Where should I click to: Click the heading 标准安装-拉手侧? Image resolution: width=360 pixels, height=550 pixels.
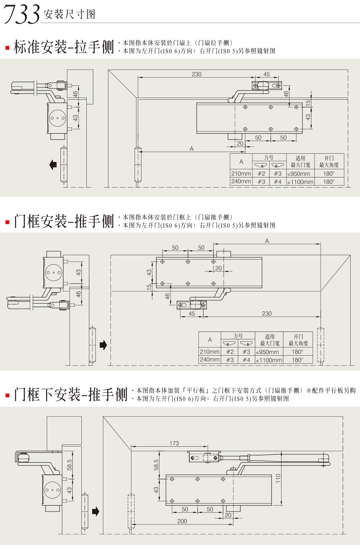pos(63,47)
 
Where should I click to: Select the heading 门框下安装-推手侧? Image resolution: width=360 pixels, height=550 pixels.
pos(71,395)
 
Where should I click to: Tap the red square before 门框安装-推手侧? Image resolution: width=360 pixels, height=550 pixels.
pos(7,222)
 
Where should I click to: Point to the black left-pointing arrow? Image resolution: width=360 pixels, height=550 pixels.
pos(53,164)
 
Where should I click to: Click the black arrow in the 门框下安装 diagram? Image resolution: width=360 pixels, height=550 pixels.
pos(95,511)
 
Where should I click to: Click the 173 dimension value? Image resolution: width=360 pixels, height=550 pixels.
pos(174,443)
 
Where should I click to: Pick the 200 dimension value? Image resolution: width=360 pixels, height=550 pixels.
pos(182,521)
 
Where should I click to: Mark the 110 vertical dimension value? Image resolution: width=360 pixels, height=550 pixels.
pos(278,478)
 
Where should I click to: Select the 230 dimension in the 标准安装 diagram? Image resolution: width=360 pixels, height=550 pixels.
pos(197,74)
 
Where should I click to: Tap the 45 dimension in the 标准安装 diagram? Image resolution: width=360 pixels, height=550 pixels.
pos(266,74)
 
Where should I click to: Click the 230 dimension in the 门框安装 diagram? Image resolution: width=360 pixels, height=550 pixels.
pos(267,314)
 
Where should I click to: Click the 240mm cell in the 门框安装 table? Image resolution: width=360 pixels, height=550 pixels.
pos(210,360)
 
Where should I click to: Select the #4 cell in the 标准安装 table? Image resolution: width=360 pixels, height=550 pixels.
pos(278,182)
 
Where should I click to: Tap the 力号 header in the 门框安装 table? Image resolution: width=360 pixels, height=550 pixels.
pos(238,335)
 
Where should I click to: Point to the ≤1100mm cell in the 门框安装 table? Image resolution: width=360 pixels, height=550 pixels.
pos(269,360)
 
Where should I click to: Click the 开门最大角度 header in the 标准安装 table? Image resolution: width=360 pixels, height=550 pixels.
pos(329,161)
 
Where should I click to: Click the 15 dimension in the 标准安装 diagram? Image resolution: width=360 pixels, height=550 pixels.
pos(308,103)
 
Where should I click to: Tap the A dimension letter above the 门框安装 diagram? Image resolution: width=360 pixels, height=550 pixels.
pos(267,241)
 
